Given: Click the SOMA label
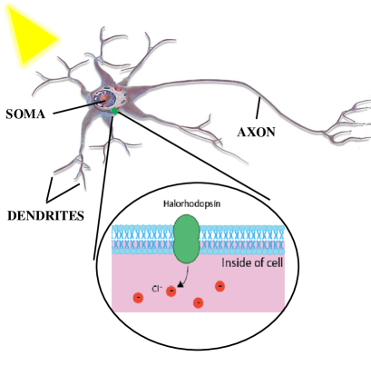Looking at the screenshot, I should click(x=27, y=115).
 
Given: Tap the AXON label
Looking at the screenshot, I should click(x=256, y=131).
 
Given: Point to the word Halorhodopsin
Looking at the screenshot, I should click(x=187, y=205).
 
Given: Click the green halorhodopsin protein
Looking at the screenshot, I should click(x=188, y=240).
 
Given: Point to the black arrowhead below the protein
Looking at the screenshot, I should click(x=178, y=284).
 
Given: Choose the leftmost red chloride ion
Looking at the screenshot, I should click(x=137, y=297).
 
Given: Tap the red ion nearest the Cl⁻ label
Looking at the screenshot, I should click(x=171, y=291).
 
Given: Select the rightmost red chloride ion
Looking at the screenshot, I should click(x=220, y=287).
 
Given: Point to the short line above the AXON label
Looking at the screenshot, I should click(x=259, y=110).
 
